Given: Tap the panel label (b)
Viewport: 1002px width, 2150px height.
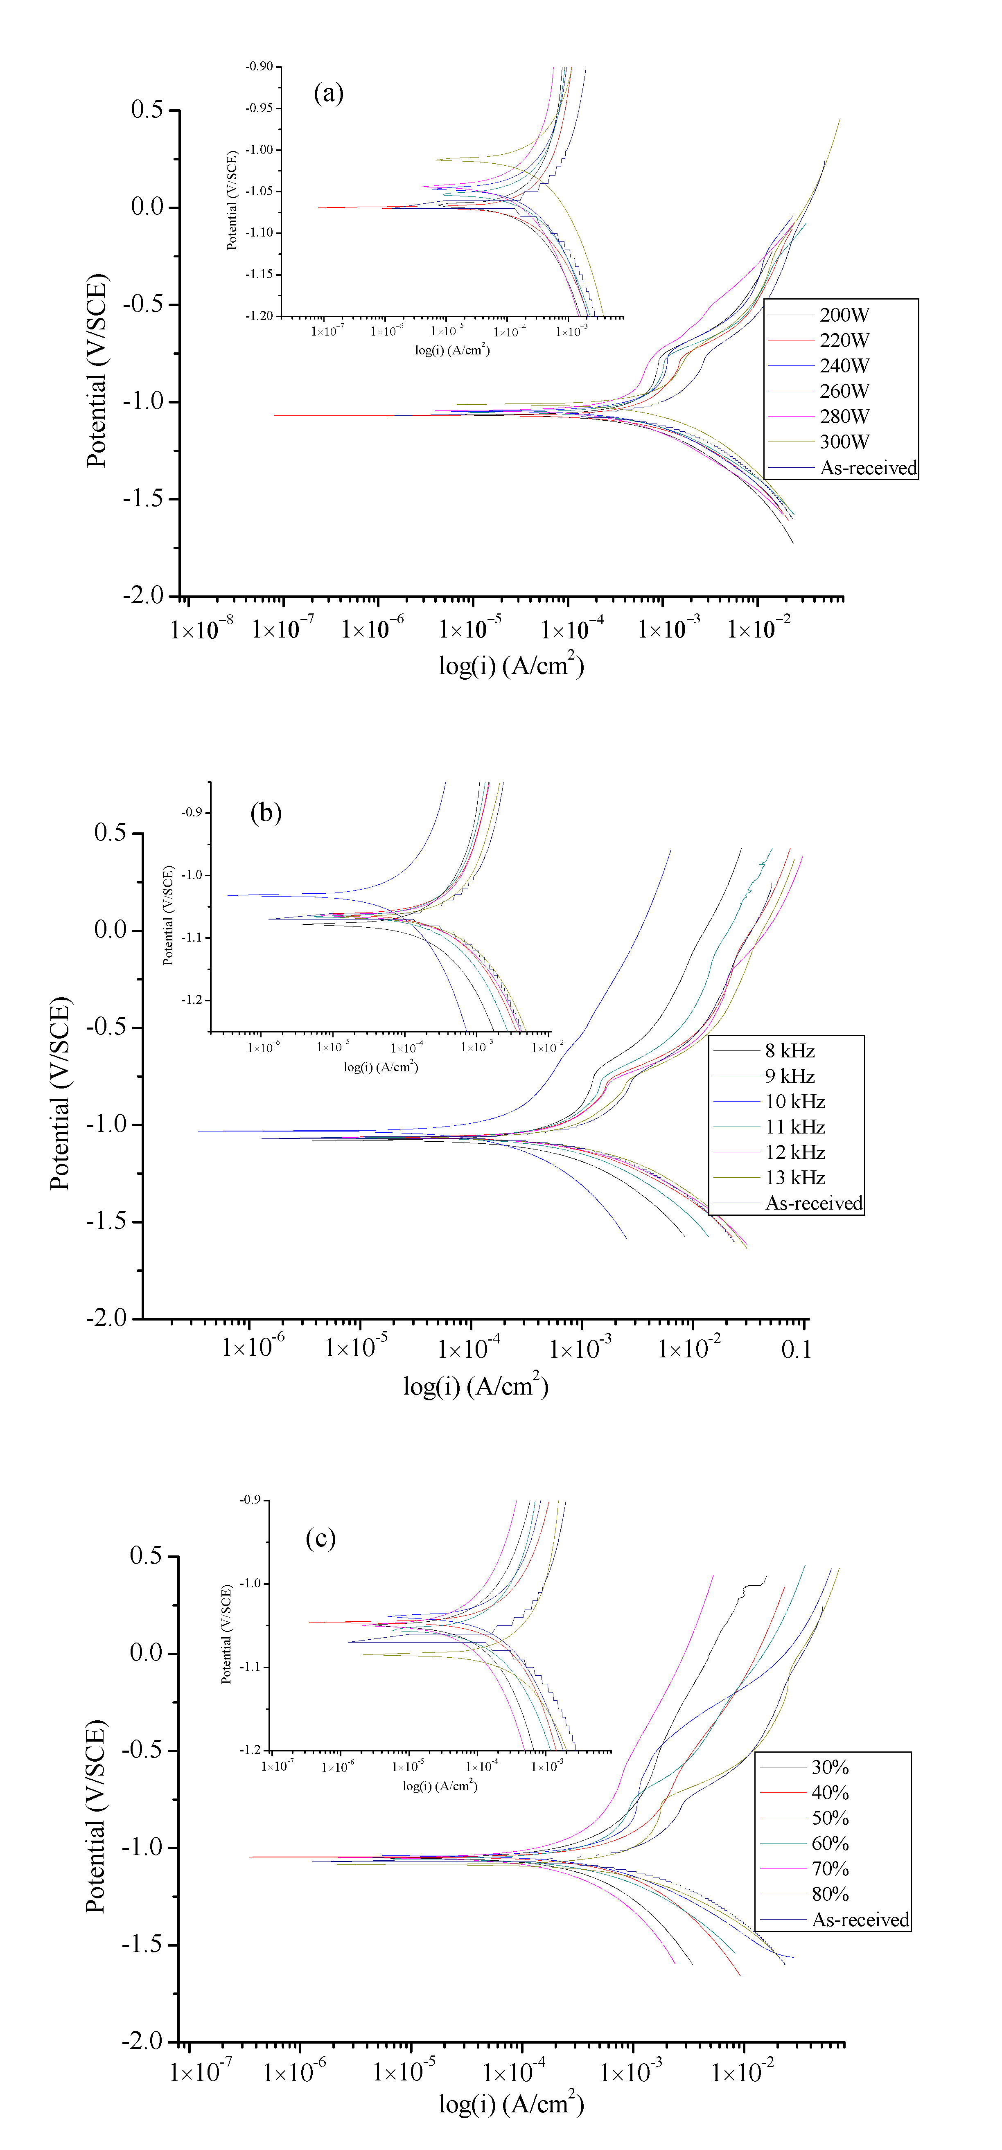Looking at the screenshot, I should [x=266, y=812].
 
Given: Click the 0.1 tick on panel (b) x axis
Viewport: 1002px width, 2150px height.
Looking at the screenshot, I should [x=796, y=1350].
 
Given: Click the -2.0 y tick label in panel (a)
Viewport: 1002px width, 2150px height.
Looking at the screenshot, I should [x=144, y=596].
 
